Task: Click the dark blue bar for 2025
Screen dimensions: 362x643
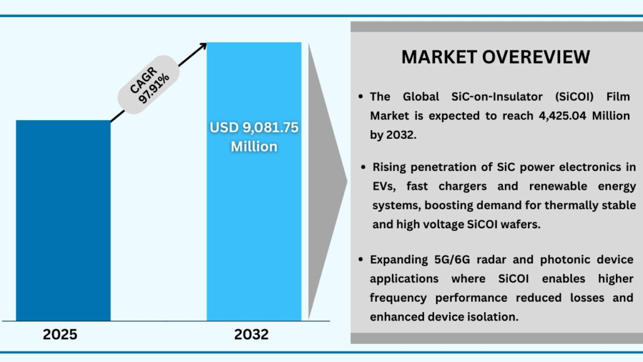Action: click(x=63, y=220)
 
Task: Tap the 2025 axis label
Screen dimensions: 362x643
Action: click(x=60, y=334)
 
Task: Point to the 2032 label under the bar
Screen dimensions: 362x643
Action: click(x=251, y=334)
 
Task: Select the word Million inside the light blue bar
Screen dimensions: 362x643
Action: click(x=254, y=146)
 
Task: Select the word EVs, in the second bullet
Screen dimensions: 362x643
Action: click(x=384, y=186)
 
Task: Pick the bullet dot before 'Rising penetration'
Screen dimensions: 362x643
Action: click(x=364, y=168)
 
